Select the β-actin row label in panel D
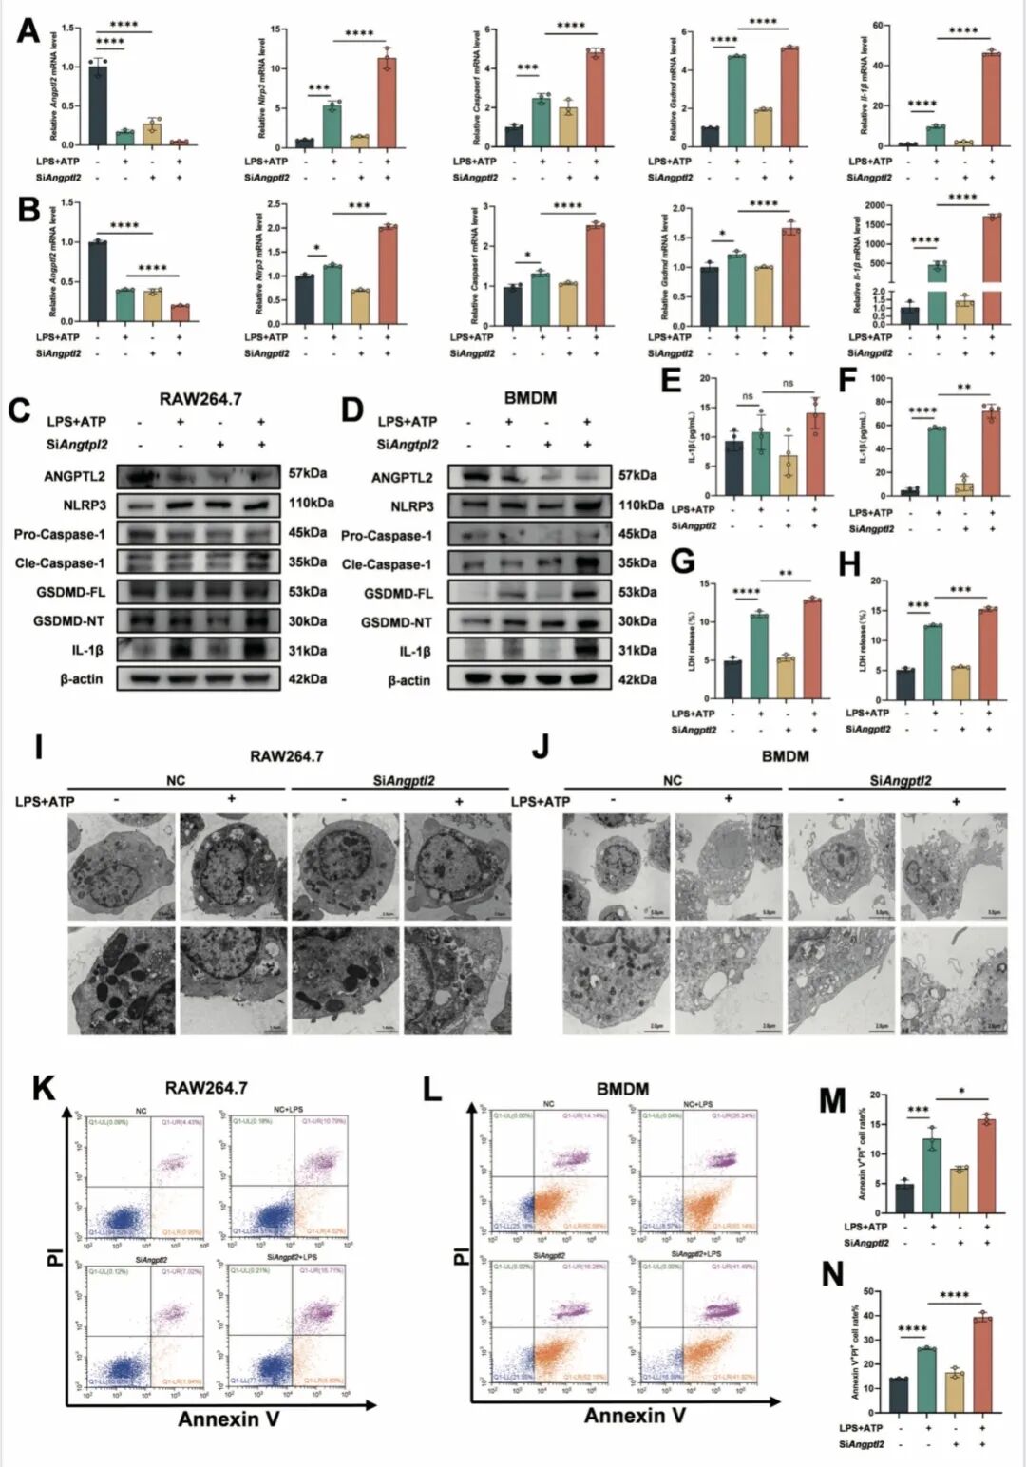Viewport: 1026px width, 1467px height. (408, 680)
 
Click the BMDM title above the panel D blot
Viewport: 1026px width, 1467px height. (530, 397)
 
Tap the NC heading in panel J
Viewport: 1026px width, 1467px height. (673, 781)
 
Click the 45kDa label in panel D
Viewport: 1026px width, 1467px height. (637, 534)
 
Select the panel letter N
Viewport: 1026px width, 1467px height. (832, 1274)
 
